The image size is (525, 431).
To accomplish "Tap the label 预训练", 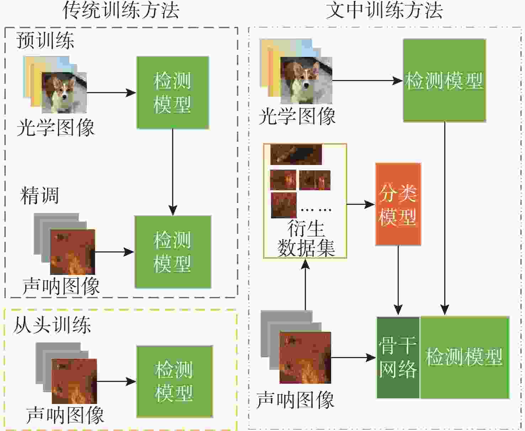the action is (45, 40).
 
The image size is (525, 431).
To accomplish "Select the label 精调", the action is (40, 196).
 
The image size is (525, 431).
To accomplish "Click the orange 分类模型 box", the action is (398, 204).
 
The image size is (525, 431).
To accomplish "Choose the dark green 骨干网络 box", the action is (398, 358).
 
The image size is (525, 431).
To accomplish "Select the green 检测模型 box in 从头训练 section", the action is (175, 382).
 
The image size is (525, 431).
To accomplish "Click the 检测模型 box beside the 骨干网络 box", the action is (465, 358).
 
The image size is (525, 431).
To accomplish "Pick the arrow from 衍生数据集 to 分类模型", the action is (361, 204).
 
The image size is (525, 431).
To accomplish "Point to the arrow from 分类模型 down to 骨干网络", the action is (398, 280).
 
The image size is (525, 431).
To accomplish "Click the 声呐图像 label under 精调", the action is (61, 286).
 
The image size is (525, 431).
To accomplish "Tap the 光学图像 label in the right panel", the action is (297, 116).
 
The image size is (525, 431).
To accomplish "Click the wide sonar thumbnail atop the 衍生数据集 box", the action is (296, 154).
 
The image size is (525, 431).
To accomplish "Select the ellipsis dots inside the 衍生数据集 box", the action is (316, 210).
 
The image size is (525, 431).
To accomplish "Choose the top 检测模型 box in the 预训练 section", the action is (173, 92).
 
